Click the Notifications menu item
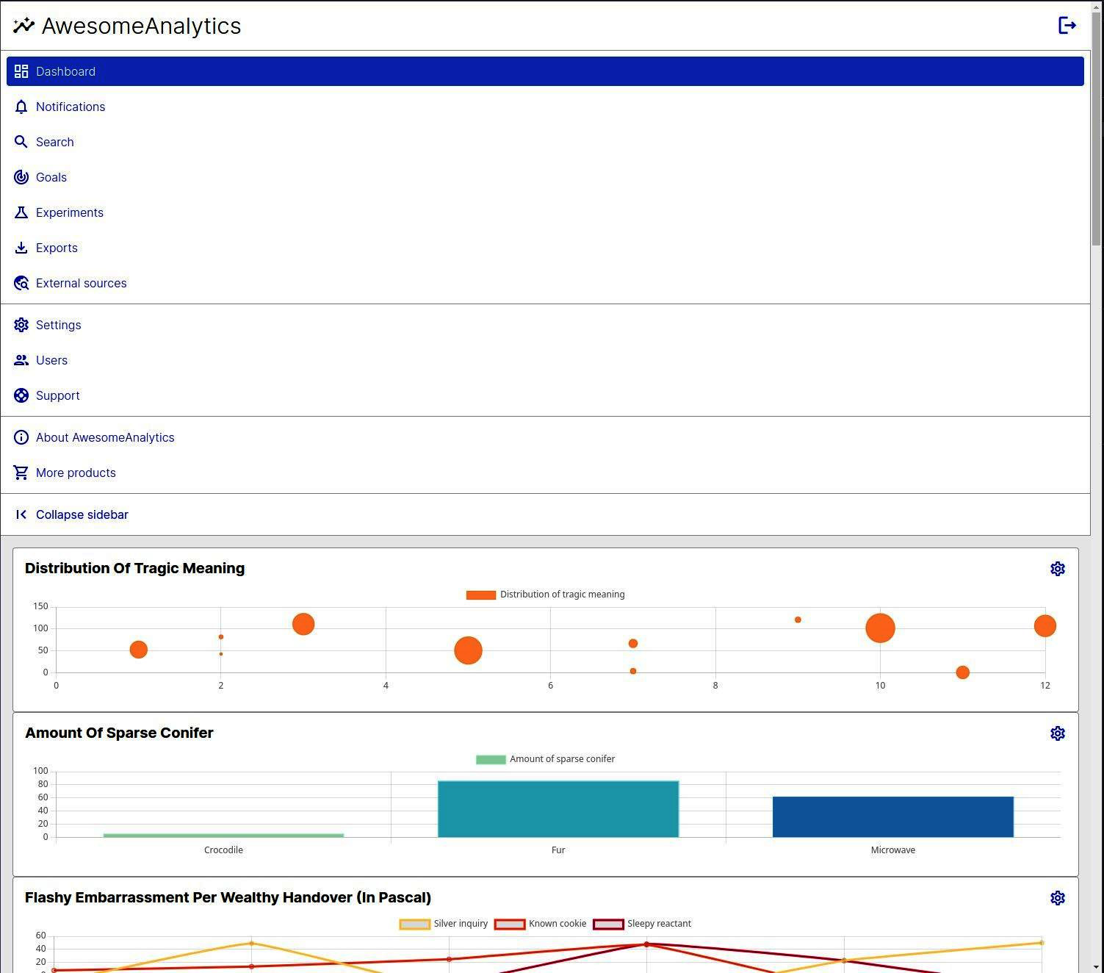(70, 107)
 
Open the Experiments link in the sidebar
(69, 212)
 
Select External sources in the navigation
(81, 283)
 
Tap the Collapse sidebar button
(82, 514)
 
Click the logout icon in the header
(1067, 26)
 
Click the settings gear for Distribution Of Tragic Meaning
(1057, 569)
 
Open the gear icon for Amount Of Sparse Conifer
(1057, 733)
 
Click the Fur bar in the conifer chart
(558, 808)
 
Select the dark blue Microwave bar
(892, 816)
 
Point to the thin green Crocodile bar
(223, 835)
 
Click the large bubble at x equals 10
(880, 628)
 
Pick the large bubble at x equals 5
(468, 650)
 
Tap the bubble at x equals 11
(962, 672)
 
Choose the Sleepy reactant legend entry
(643, 924)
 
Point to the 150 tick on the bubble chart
(40, 606)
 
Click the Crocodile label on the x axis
(223, 850)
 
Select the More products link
(76, 473)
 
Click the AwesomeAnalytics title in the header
(141, 26)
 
